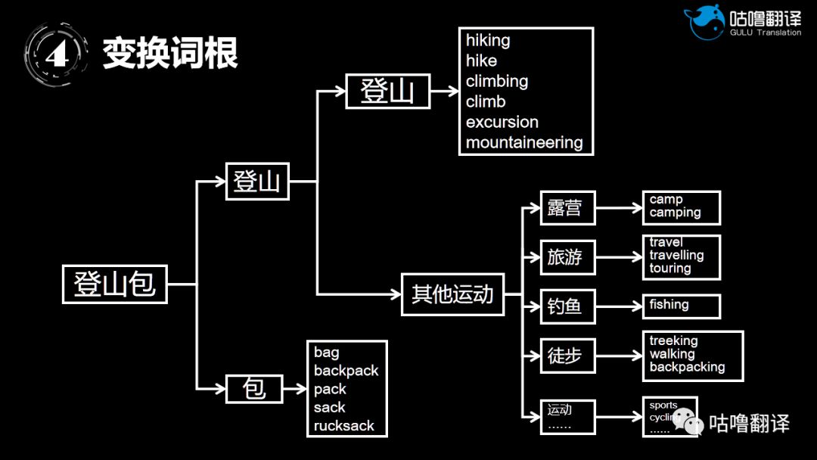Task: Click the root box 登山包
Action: coord(114,284)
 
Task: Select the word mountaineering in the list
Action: coord(523,142)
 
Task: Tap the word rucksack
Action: coord(344,425)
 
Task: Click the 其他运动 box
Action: coord(452,294)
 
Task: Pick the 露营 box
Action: coord(567,208)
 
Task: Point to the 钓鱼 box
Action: coord(567,306)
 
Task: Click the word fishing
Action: coord(669,305)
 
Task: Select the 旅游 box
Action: coord(567,257)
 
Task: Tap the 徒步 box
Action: coord(567,355)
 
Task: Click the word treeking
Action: coord(673,340)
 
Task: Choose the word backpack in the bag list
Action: coord(346,371)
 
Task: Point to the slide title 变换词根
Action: coord(170,53)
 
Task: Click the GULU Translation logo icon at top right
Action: coord(704,21)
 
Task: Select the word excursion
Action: coord(502,122)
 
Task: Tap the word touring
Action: coord(669,269)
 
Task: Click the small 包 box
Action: coord(253,389)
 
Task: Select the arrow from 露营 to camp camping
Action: coord(618,208)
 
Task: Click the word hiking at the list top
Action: coord(488,40)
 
